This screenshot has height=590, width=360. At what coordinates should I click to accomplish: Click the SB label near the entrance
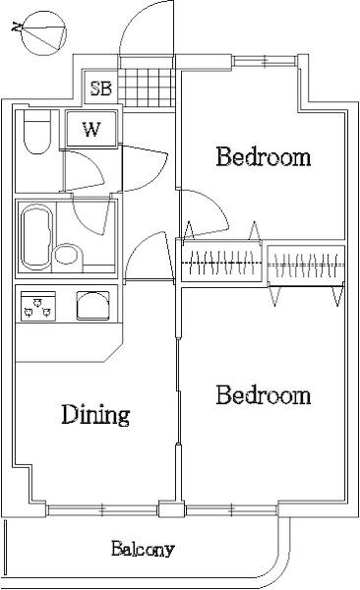(x=101, y=88)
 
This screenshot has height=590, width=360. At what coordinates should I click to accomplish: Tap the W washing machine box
(x=91, y=129)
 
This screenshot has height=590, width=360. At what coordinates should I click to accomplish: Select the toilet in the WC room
(x=36, y=132)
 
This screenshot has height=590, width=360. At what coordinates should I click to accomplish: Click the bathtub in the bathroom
(x=36, y=237)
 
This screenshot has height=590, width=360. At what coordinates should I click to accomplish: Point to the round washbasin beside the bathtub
(x=68, y=255)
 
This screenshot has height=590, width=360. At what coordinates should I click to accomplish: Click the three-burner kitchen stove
(x=38, y=306)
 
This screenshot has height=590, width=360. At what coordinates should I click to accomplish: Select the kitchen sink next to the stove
(x=92, y=306)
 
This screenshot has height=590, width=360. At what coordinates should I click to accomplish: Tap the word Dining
(x=95, y=415)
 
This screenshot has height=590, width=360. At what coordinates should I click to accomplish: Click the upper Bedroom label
(x=264, y=156)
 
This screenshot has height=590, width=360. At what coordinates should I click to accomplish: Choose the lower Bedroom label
(x=264, y=394)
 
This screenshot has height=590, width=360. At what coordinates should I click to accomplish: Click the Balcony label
(x=143, y=549)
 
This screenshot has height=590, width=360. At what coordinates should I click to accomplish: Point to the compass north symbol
(x=43, y=33)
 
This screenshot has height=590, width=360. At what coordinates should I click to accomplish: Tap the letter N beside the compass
(x=16, y=28)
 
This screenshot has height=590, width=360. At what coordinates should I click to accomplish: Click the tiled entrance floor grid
(x=147, y=88)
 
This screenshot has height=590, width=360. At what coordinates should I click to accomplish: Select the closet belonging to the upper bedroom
(x=221, y=261)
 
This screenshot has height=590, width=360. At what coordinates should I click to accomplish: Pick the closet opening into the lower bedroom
(x=306, y=265)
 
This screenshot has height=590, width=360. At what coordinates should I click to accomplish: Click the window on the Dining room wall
(x=102, y=510)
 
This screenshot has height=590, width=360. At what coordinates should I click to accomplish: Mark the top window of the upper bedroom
(x=266, y=61)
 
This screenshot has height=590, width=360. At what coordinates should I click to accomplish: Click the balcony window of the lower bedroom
(x=231, y=510)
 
